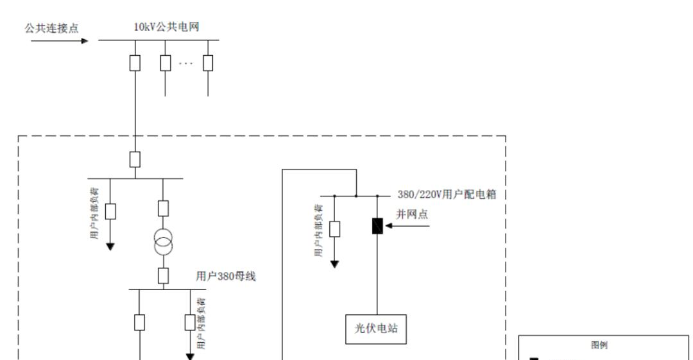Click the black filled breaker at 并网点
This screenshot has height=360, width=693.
[x=377, y=226]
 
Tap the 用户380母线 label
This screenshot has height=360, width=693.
[x=226, y=277]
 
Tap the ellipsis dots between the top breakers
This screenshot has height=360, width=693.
[x=186, y=63]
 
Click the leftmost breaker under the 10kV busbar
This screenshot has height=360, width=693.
[x=135, y=63]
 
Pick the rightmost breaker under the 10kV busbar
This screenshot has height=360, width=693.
[x=207, y=63]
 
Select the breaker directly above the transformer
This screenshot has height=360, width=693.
[x=163, y=208]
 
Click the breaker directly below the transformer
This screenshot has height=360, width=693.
[x=163, y=276]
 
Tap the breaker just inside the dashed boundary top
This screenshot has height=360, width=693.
[x=135, y=159]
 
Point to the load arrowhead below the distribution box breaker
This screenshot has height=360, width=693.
[x=334, y=263]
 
